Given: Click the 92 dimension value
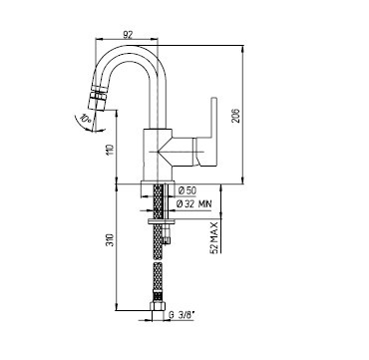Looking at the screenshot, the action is click(x=128, y=34).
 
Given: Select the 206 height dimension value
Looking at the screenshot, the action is click(x=235, y=116).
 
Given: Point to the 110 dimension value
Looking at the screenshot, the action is click(x=111, y=151).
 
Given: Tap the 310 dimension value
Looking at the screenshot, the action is click(x=111, y=240).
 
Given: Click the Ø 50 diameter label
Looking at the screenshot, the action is click(x=187, y=190).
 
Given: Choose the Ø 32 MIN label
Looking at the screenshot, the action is click(x=193, y=204).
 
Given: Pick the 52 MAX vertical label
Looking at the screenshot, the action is click(x=215, y=237).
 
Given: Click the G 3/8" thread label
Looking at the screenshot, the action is click(x=182, y=314).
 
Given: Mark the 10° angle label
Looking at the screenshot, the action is click(x=86, y=121).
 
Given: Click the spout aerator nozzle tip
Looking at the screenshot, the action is click(x=95, y=104).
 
